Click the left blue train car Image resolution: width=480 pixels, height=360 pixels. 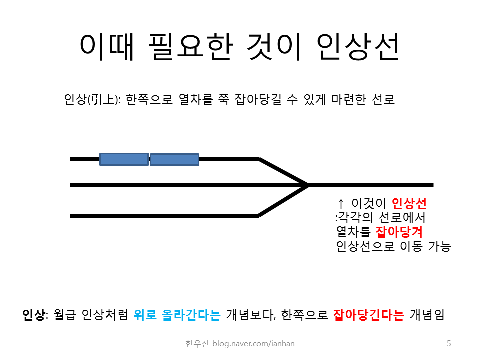click(x=124, y=159)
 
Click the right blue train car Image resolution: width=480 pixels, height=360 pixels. click(x=174, y=160)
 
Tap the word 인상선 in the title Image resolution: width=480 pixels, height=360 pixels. click(x=358, y=47)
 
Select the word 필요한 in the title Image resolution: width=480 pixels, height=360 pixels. click(x=191, y=47)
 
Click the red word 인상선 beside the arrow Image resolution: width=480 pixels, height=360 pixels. click(x=409, y=203)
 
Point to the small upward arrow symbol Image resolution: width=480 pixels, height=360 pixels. click(x=341, y=203)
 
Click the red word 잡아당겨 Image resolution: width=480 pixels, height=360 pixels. click(x=399, y=231)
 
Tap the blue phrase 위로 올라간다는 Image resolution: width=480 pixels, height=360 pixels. click(x=177, y=314)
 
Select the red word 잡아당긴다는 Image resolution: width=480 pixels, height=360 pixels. click(x=368, y=314)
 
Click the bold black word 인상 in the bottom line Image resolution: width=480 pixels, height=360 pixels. click(x=33, y=314)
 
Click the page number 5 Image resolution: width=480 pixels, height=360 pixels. click(x=449, y=343)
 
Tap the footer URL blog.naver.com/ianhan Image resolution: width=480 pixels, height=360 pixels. click(x=253, y=344)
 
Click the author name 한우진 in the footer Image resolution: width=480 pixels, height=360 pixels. click(x=197, y=344)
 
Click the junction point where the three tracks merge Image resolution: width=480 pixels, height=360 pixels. click(x=307, y=185)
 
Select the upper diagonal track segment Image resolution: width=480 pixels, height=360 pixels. click(x=283, y=172)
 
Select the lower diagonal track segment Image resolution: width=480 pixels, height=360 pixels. click(x=283, y=201)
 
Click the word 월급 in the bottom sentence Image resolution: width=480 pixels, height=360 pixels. click(x=64, y=314)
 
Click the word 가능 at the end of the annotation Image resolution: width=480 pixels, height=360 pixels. click(x=439, y=246)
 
